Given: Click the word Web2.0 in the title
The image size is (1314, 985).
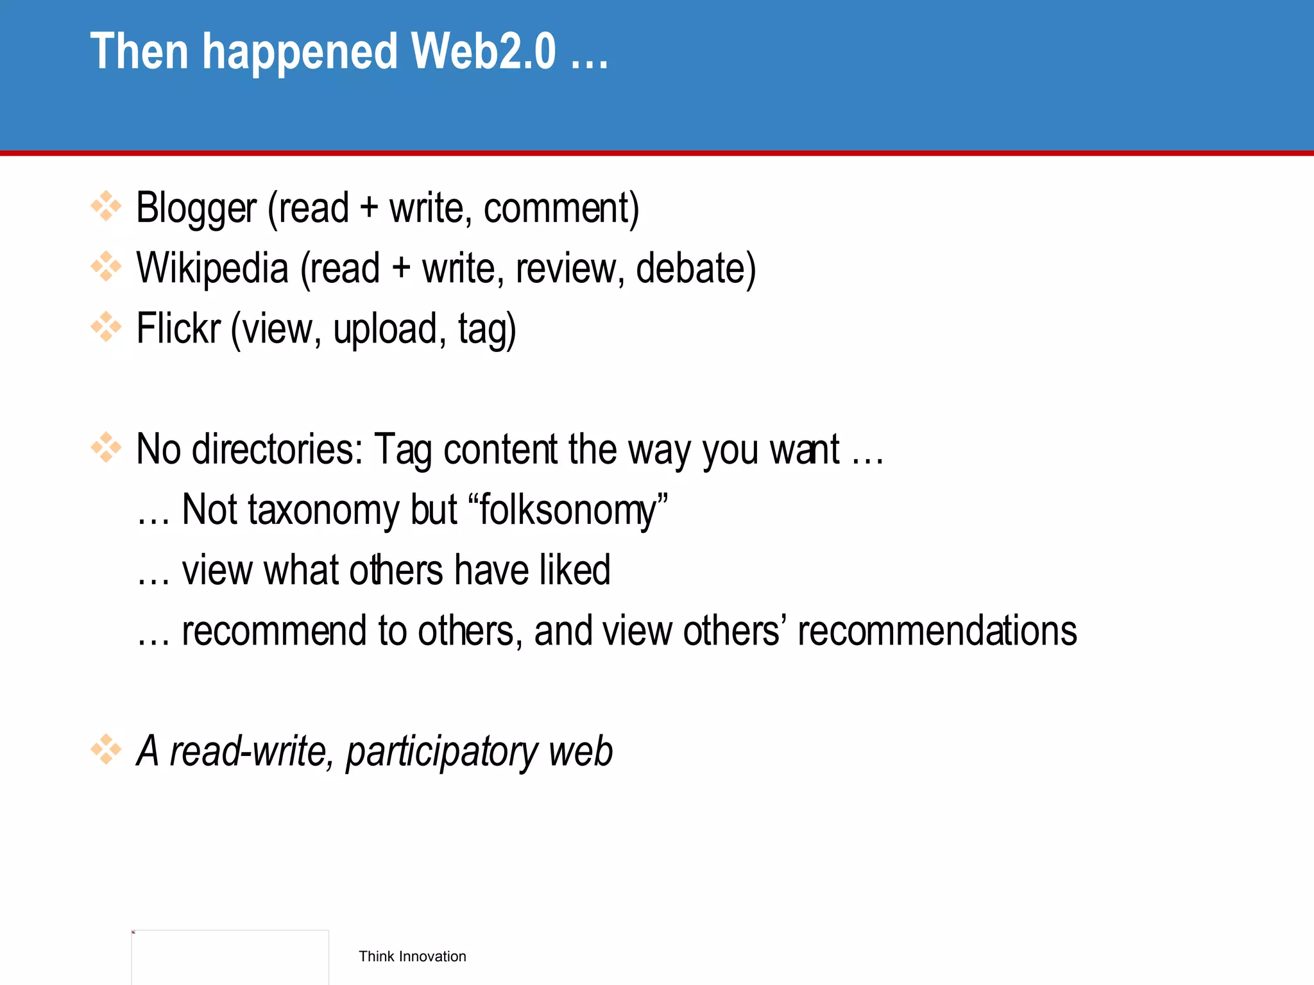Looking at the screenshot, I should [x=483, y=51].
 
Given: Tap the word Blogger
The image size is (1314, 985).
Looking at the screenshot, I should [x=196, y=208].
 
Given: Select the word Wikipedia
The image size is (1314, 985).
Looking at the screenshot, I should [x=212, y=268].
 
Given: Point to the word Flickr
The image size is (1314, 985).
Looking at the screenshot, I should [x=178, y=328].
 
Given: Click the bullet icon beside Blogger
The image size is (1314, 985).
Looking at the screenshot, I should [x=106, y=206].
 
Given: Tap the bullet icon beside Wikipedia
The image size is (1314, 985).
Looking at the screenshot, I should [x=106, y=267].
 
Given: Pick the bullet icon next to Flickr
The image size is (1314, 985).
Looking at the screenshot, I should [x=106, y=327].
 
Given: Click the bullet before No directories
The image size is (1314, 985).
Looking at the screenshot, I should [x=106, y=448].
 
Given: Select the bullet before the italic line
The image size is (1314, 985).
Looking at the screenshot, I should [x=106, y=750].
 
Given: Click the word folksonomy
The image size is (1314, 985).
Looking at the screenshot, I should [x=569, y=510].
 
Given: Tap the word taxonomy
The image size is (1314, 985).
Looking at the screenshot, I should [x=324, y=510].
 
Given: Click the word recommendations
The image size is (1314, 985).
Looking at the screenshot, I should [x=937, y=630].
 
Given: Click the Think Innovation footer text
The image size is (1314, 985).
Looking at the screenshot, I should [x=412, y=956].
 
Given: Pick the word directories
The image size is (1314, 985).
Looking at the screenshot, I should [x=277, y=449].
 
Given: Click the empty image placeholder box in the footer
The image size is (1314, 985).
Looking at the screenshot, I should [x=230, y=957].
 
